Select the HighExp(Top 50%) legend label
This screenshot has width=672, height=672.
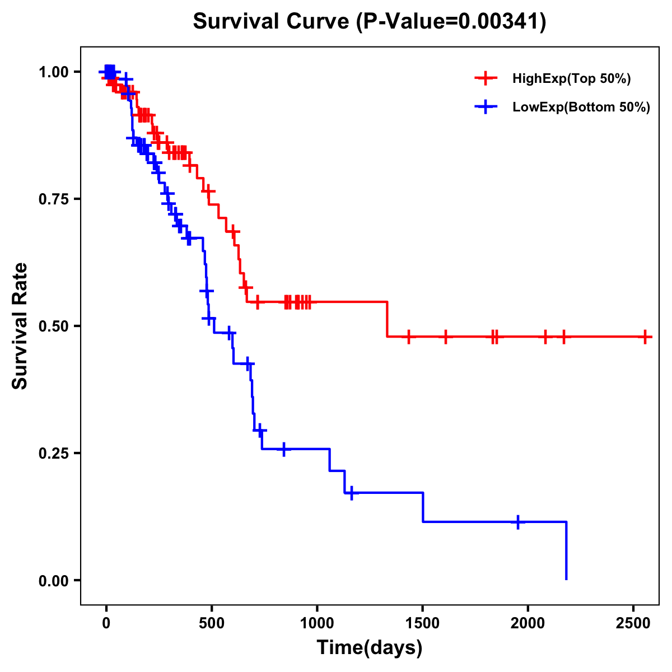(x=571, y=79)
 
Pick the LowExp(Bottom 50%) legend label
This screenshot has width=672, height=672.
(x=581, y=108)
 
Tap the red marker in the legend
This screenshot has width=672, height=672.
(x=486, y=79)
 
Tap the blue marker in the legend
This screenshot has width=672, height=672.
(x=486, y=108)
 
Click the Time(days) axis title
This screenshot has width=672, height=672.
(x=370, y=648)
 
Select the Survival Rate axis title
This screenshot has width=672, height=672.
(x=20, y=326)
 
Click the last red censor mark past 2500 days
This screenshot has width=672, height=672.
(x=646, y=337)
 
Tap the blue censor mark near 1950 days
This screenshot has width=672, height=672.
(x=518, y=522)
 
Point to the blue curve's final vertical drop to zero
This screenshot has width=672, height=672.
(x=566, y=552)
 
